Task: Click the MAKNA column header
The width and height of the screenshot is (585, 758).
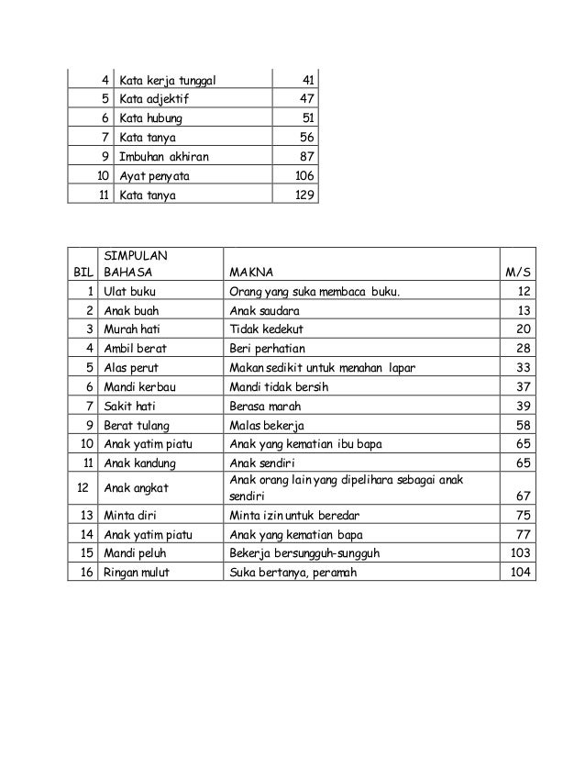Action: [x=249, y=272]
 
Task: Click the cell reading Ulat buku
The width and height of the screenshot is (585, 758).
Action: [x=131, y=291]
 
